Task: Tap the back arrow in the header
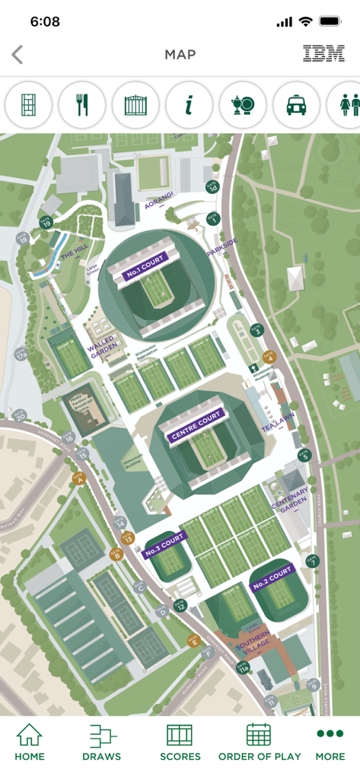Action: coord(18,54)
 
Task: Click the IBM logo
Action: coord(323,53)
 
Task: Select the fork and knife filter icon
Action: coord(82,105)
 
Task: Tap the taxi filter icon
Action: coord(296,105)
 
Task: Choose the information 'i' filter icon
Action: coord(189,105)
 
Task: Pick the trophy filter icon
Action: coord(243,105)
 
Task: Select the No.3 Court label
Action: coord(164,545)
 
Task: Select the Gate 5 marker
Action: coord(304,455)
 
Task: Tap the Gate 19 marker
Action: coord(46,223)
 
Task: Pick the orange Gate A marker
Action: coord(78,478)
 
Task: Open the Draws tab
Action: coord(101,742)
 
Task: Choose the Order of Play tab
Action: coord(260,742)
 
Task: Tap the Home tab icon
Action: coord(29,736)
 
